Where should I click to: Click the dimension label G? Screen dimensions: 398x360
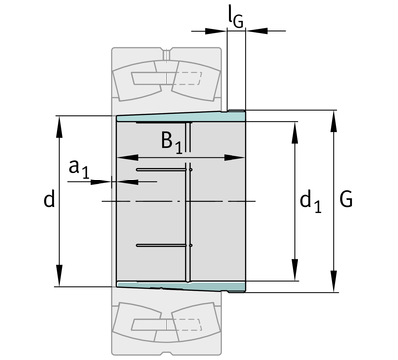tap(346, 199)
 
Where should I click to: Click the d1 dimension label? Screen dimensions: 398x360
tap(310, 202)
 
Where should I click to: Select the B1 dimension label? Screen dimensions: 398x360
tap(171, 142)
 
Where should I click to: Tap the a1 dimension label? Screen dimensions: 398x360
tap(79, 169)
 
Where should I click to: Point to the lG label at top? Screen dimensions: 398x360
tap(235, 19)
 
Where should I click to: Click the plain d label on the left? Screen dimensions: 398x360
tap(49, 199)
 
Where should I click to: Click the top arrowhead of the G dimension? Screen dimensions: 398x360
tap(334, 121)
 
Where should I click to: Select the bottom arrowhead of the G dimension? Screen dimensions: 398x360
tap(334, 281)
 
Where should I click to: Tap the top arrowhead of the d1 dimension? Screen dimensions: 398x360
tap(295, 133)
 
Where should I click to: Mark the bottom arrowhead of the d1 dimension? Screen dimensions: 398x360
tap(295, 270)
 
